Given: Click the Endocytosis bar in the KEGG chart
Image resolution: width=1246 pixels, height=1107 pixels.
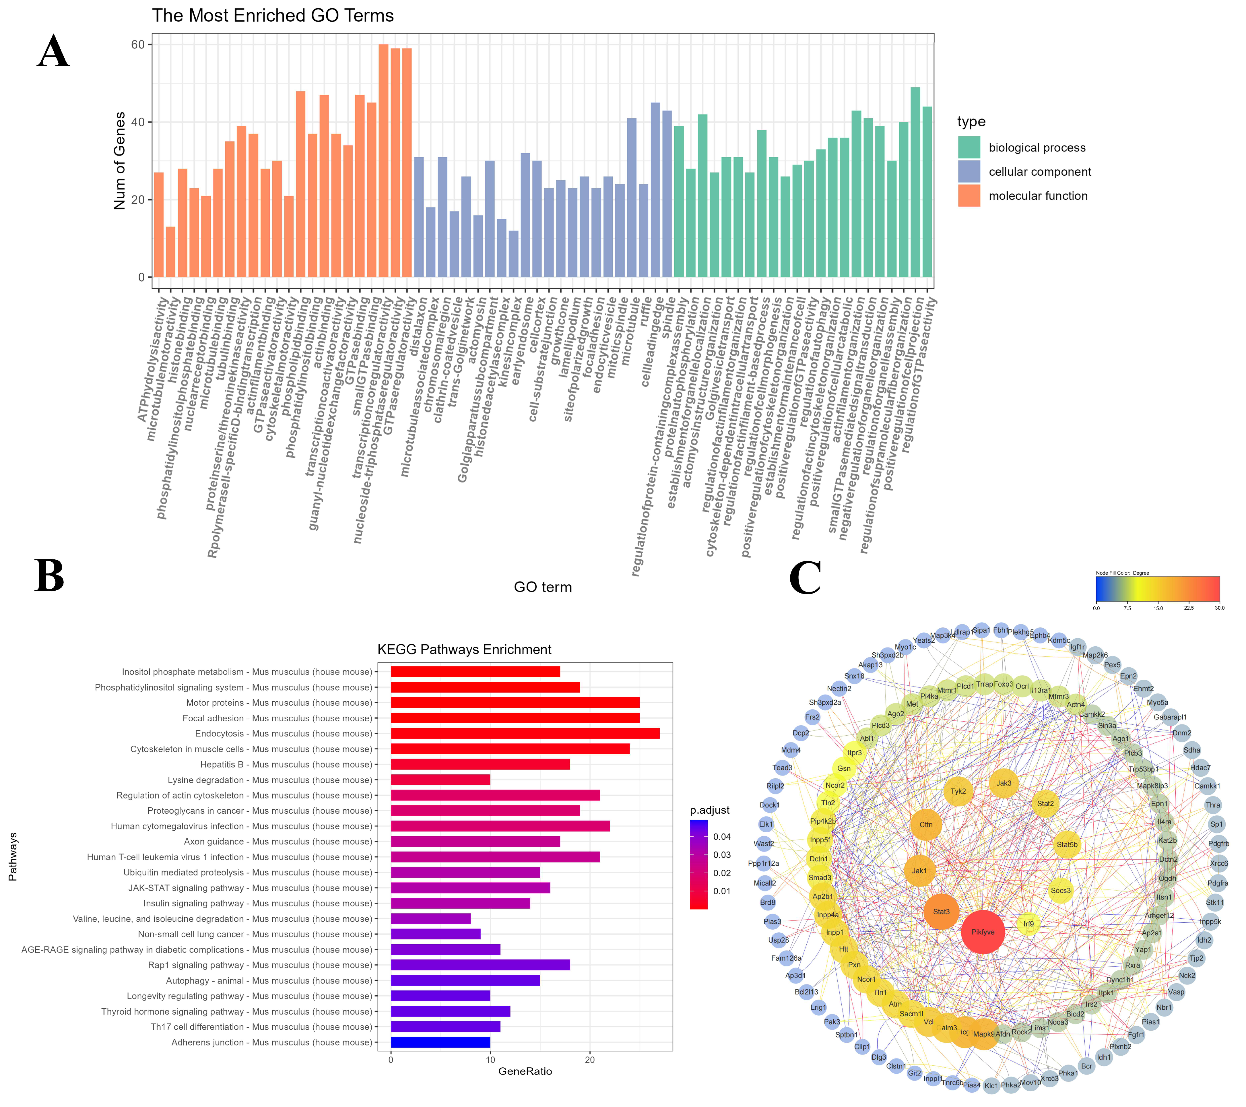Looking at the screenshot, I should [x=524, y=733].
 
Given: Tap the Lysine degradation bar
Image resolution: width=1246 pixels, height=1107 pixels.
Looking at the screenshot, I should [x=440, y=780].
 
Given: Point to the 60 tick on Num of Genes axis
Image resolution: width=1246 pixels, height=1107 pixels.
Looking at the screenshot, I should [x=138, y=44].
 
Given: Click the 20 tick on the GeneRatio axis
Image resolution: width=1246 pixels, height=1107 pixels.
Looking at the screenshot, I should [x=589, y=1059].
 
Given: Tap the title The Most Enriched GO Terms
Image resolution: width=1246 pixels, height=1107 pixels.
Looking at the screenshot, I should [x=273, y=15].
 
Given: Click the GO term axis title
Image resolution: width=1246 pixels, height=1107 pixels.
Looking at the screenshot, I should [x=543, y=587].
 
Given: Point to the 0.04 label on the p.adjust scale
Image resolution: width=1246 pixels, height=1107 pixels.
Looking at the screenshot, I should [x=722, y=836].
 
